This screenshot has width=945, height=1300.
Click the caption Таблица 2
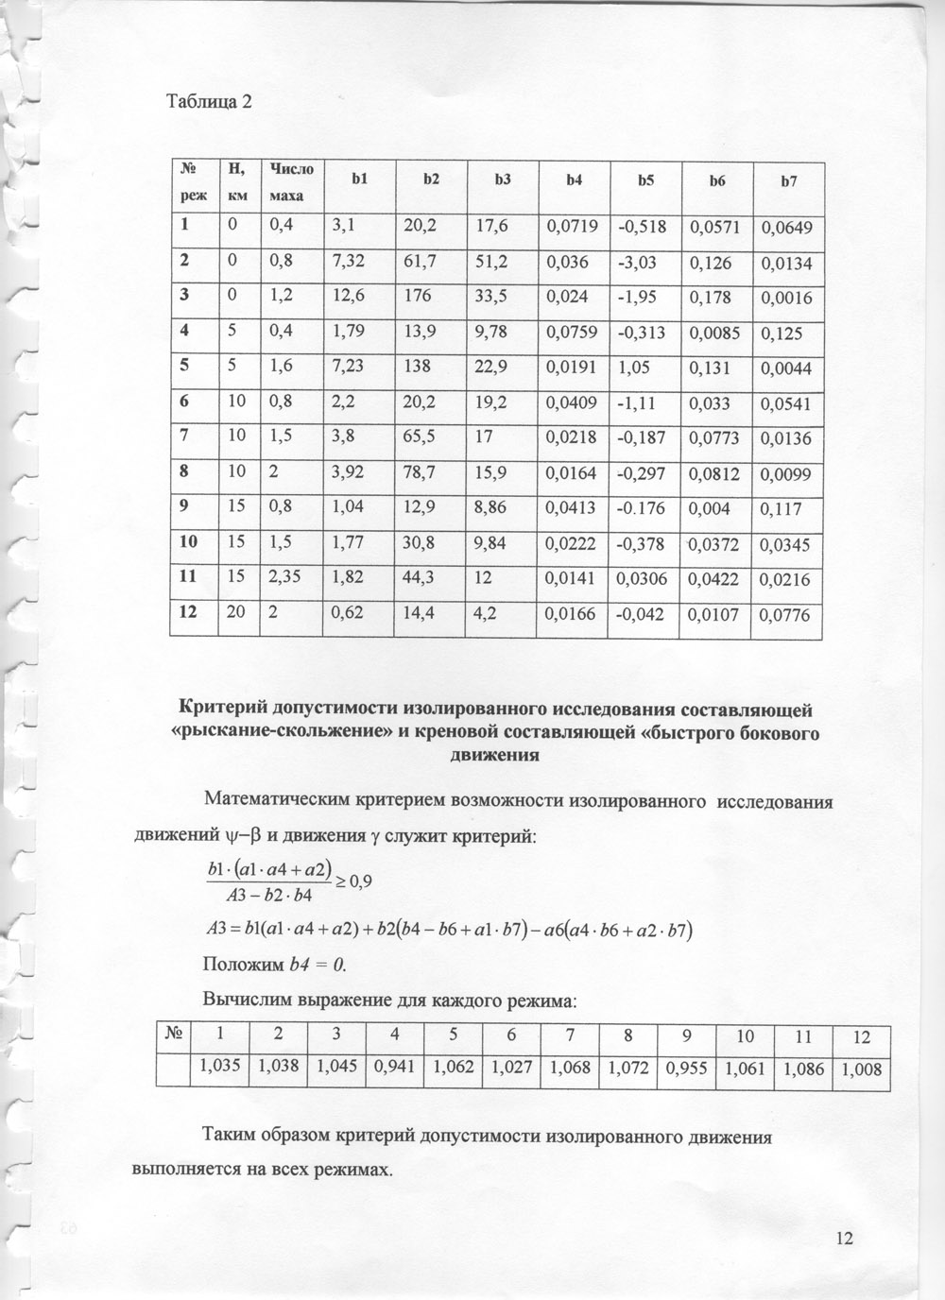[210, 102]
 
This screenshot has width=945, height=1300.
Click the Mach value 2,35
[284, 576]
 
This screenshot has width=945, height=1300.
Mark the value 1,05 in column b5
[633, 367]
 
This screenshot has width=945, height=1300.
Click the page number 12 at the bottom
[844, 1238]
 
